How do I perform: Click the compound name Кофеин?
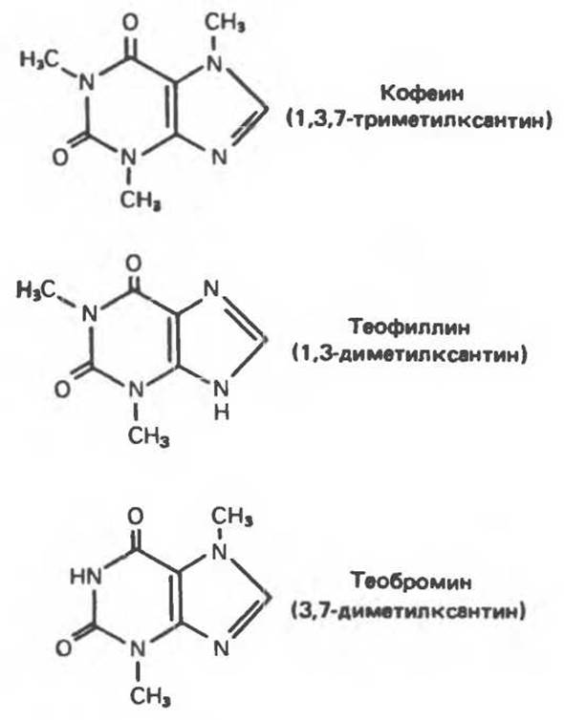423,94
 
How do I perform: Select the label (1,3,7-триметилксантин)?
420,120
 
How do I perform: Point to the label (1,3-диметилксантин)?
409,354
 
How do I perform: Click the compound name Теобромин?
411,582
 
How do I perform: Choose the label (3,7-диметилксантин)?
408,611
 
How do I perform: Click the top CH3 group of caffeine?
225,22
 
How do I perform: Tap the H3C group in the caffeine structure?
40,59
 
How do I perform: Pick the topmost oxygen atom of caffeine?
131,22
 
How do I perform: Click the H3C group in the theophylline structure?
37,289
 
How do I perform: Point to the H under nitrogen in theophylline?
222,413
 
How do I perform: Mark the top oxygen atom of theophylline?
133,264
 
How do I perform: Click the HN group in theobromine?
86,576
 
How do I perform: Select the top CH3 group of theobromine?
232,517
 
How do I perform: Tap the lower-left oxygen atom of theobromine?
63,648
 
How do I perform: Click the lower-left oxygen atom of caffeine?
60,158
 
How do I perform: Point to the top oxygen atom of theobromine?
135,516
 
